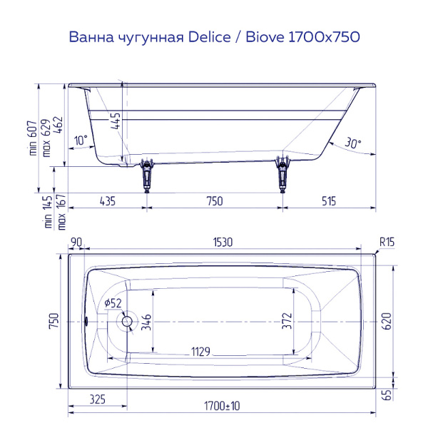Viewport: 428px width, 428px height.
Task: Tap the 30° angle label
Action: pos(352,143)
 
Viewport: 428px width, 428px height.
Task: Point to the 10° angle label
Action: pos(80,141)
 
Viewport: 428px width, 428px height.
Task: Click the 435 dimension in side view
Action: pos(107,201)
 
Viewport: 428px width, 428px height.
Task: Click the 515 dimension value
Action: pos(328,201)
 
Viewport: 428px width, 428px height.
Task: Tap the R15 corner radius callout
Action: pos(386,243)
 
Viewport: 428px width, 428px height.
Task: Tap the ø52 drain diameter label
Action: pos(113,304)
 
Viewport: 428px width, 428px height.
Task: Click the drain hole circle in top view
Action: pos(128,322)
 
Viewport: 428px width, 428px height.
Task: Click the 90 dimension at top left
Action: pos(76,243)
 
